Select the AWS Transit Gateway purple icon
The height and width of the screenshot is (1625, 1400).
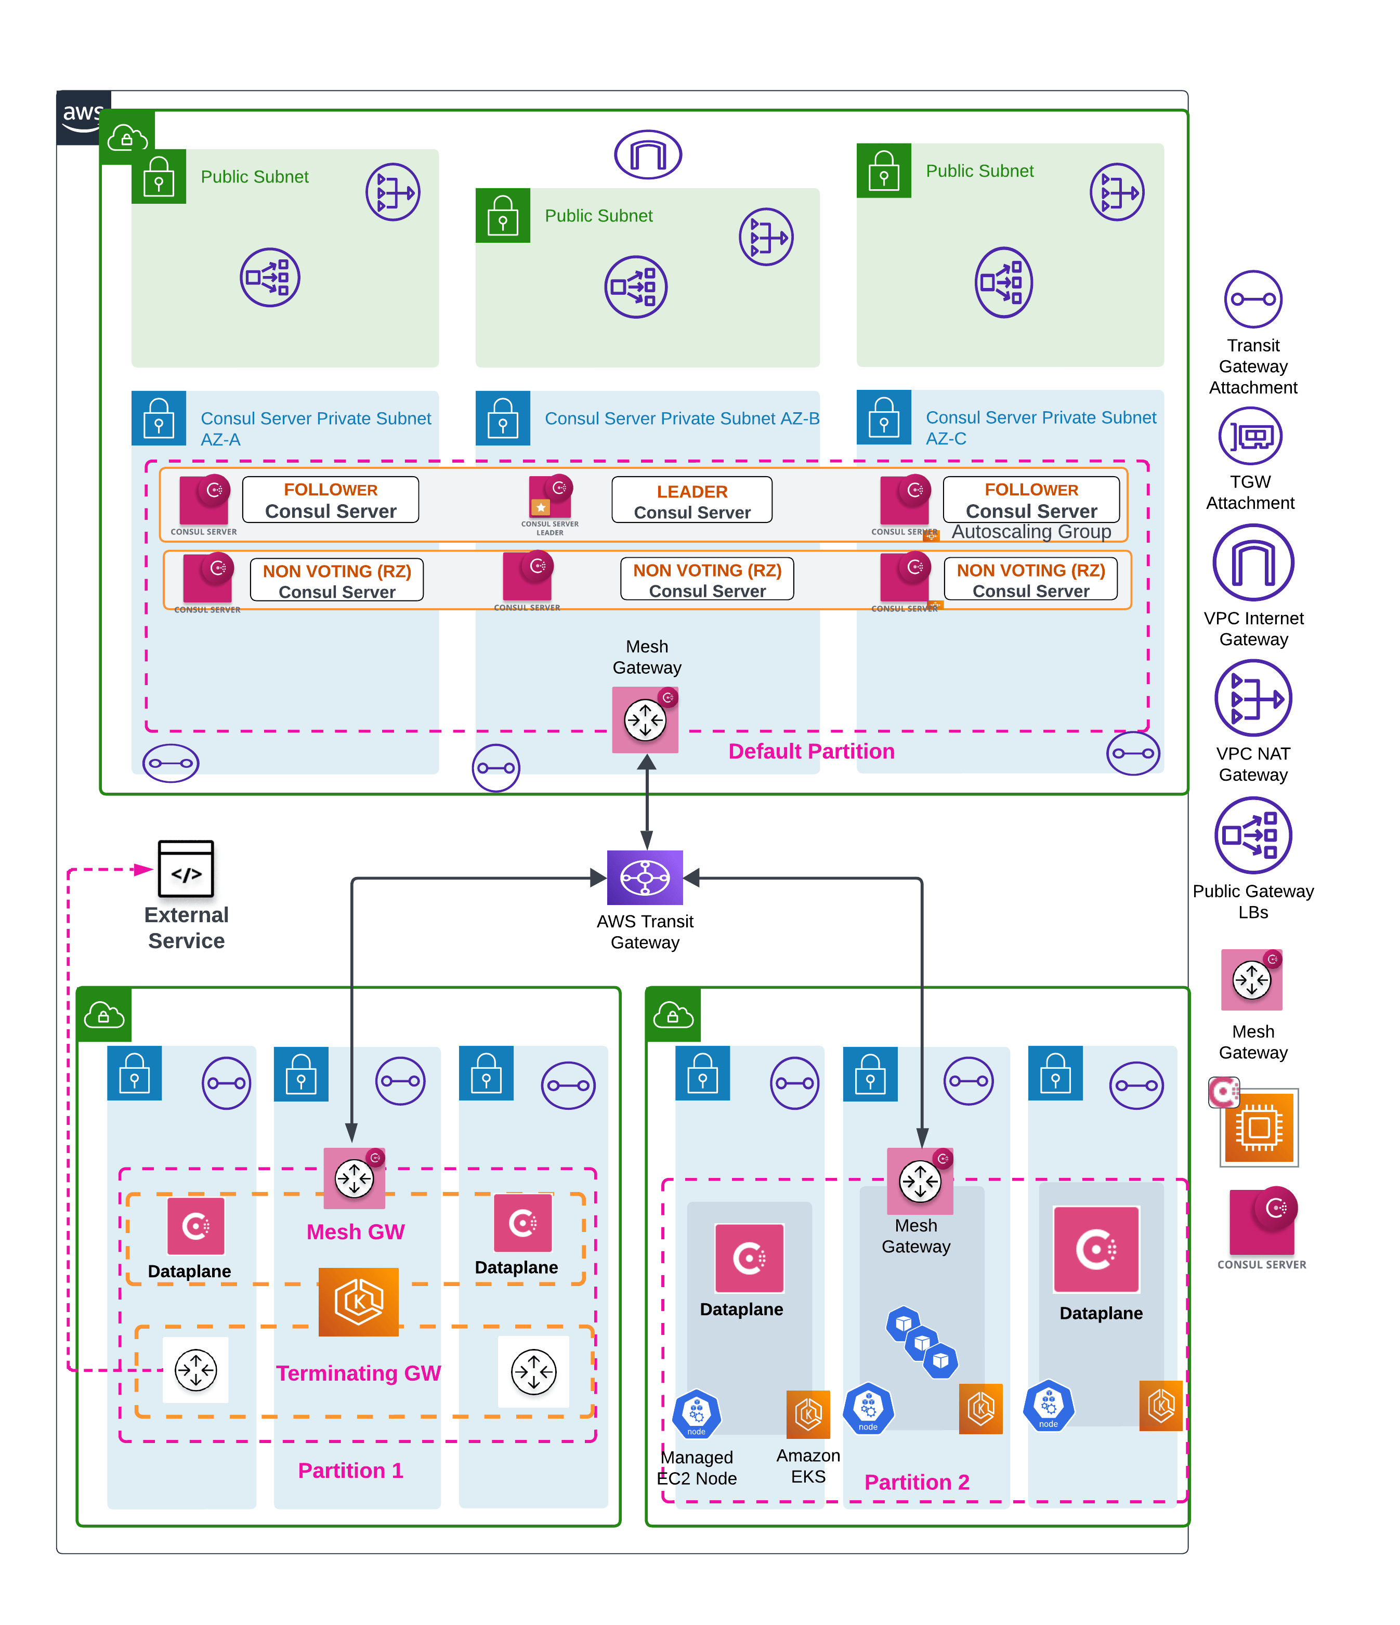click(645, 877)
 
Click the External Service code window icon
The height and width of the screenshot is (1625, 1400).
click(186, 868)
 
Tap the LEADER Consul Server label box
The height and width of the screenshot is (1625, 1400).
click(692, 501)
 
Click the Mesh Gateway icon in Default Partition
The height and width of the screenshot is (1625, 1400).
click(645, 719)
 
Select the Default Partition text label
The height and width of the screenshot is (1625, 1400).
click(811, 751)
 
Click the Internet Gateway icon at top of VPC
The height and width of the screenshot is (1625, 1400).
click(648, 154)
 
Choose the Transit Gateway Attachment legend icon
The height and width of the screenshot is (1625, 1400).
click(1252, 299)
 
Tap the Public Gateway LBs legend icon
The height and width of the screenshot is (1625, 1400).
click(1252, 835)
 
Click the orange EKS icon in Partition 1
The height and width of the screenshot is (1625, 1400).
click(358, 1302)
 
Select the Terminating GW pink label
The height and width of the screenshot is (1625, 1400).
click(358, 1373)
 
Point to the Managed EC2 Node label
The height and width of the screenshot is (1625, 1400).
click(697, 1467)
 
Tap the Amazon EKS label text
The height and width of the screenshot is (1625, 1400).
click(808, 1466)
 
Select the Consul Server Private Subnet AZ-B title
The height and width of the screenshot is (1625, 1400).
click(682, 419)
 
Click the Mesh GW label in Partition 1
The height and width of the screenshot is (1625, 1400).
click(355, 1232)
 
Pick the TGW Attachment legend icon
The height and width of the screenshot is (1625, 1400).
click(1250, 436)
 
